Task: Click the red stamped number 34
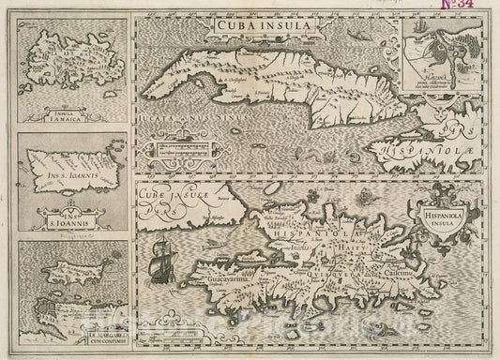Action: click(x=477, y=12)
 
